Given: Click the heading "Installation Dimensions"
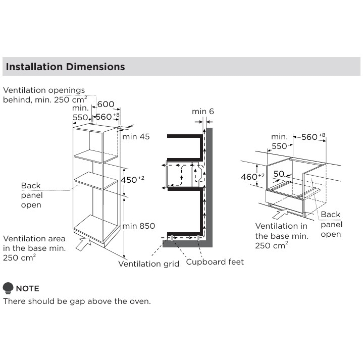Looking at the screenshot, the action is click(65, 67).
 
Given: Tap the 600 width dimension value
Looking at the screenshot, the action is click(106, 104).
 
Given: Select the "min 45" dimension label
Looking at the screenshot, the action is click(136, 137).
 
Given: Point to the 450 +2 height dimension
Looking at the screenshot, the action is click(132, 179).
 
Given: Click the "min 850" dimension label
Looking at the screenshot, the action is click(139, 226).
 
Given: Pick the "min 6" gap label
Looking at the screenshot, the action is click(203, 112).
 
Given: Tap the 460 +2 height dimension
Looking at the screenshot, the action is click(252, 177).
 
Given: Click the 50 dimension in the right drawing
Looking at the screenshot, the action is click(279, 174).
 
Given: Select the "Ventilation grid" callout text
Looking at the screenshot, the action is click(148, 264).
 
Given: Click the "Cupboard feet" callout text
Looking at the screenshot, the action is click(215, 262).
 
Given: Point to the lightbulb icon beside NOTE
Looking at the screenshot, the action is click(8, 288).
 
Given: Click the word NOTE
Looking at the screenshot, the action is click(28, 288).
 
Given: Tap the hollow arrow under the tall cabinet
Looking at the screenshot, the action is click(83, 244).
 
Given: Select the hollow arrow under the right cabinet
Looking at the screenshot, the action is click(280, 214).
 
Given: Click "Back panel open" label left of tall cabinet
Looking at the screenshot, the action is click(32, 195).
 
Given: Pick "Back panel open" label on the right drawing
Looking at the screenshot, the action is click(331, 224).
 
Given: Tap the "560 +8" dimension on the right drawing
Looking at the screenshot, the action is click(313, 137).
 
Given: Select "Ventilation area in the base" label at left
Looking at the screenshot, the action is click(34, 248).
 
